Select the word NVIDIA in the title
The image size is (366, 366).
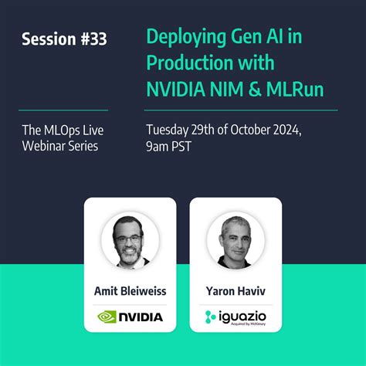click(177, 91)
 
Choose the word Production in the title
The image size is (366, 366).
click(187, 64)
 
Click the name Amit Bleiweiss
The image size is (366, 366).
click(130, 293)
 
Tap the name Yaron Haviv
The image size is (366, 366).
click(235, 293)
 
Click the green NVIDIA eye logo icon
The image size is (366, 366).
click(107, 317)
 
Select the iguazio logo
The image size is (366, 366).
click(235, 317)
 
